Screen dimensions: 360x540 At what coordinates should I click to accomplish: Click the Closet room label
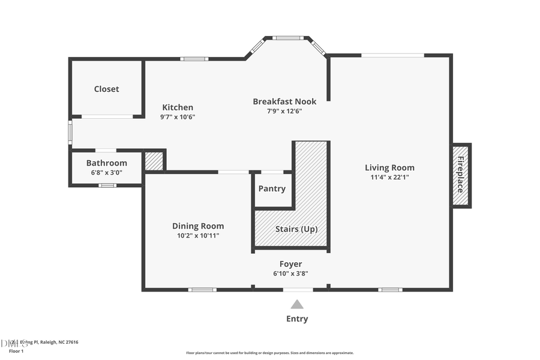[x=106, y=89]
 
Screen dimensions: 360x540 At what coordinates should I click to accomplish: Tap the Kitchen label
[x=178, y=107]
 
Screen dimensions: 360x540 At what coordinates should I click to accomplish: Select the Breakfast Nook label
[x=284, y=101]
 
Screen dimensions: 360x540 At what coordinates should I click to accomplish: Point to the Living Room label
[x=389, y=167]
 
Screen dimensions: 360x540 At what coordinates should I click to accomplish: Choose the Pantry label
[x=272, y=188]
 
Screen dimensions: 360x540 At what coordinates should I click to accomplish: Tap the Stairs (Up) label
[x=296, y=229]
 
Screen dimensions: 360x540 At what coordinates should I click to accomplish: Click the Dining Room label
[x=198, y=226]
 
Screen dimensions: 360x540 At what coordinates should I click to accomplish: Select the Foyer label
[x=291, y=264]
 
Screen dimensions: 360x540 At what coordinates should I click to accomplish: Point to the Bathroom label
[x=107, y=163]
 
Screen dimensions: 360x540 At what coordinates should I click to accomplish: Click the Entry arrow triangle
[x=297, y=304]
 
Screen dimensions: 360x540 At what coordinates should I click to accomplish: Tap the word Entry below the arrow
[x=297, y=319]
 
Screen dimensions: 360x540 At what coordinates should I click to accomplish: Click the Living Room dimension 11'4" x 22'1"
[x=389, y=177]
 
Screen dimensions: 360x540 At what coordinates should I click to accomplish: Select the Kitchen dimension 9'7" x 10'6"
[x=178, y=117]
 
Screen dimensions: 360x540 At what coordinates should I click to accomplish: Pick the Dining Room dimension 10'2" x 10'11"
[x=198, y=236]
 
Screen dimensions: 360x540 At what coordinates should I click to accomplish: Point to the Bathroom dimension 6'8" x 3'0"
[x=106, y=172]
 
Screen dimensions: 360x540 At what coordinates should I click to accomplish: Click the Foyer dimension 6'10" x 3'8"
[x=291, y=274]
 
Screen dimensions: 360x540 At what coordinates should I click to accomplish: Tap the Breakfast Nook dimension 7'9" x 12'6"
[x=284, y=111]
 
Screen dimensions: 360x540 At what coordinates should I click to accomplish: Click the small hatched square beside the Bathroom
[x=154, y=161]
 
